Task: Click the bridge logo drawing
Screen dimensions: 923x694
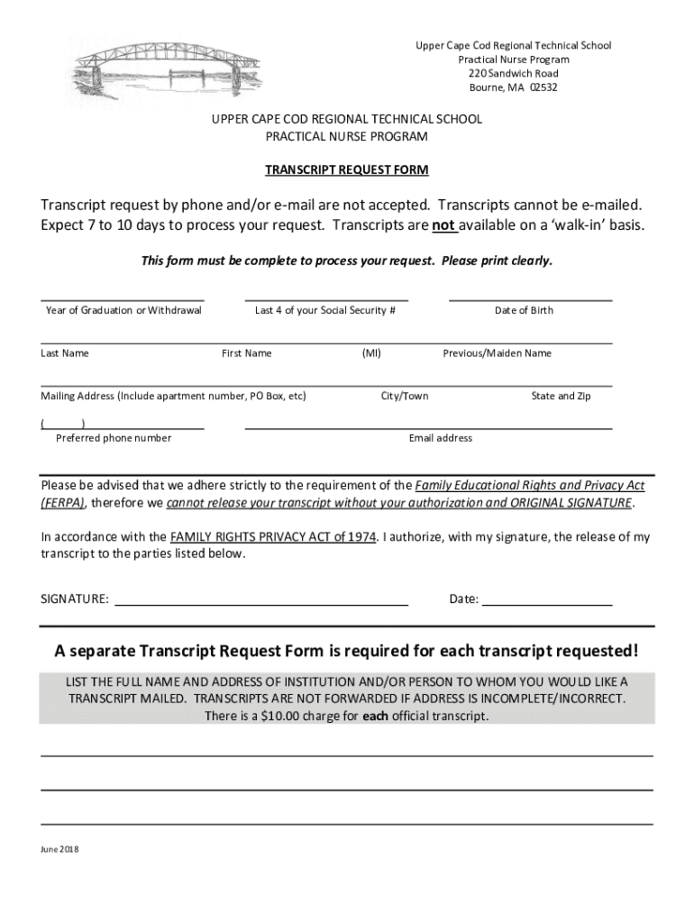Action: coord(140,78)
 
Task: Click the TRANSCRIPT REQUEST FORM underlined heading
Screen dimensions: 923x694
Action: coord(346,169)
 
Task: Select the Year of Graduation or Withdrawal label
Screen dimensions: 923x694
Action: coord(123,310)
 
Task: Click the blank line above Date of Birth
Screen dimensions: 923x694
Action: coord(530,299)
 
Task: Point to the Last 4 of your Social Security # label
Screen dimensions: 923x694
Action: coord(325,310)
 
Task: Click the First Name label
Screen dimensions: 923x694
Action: coord(246,353)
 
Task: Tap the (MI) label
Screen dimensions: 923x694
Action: coord(371,353)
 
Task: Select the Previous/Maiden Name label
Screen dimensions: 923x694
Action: coord(497,353)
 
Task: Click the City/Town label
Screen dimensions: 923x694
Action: coord(405,396)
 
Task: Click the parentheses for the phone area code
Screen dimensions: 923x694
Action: coord(63,423)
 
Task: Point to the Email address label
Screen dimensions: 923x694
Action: coord(440,438)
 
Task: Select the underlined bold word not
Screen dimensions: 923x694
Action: coord(443,225)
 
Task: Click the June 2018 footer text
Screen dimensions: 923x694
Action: coord(59,849)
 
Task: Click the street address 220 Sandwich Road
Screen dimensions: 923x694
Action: coord(513,73)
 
